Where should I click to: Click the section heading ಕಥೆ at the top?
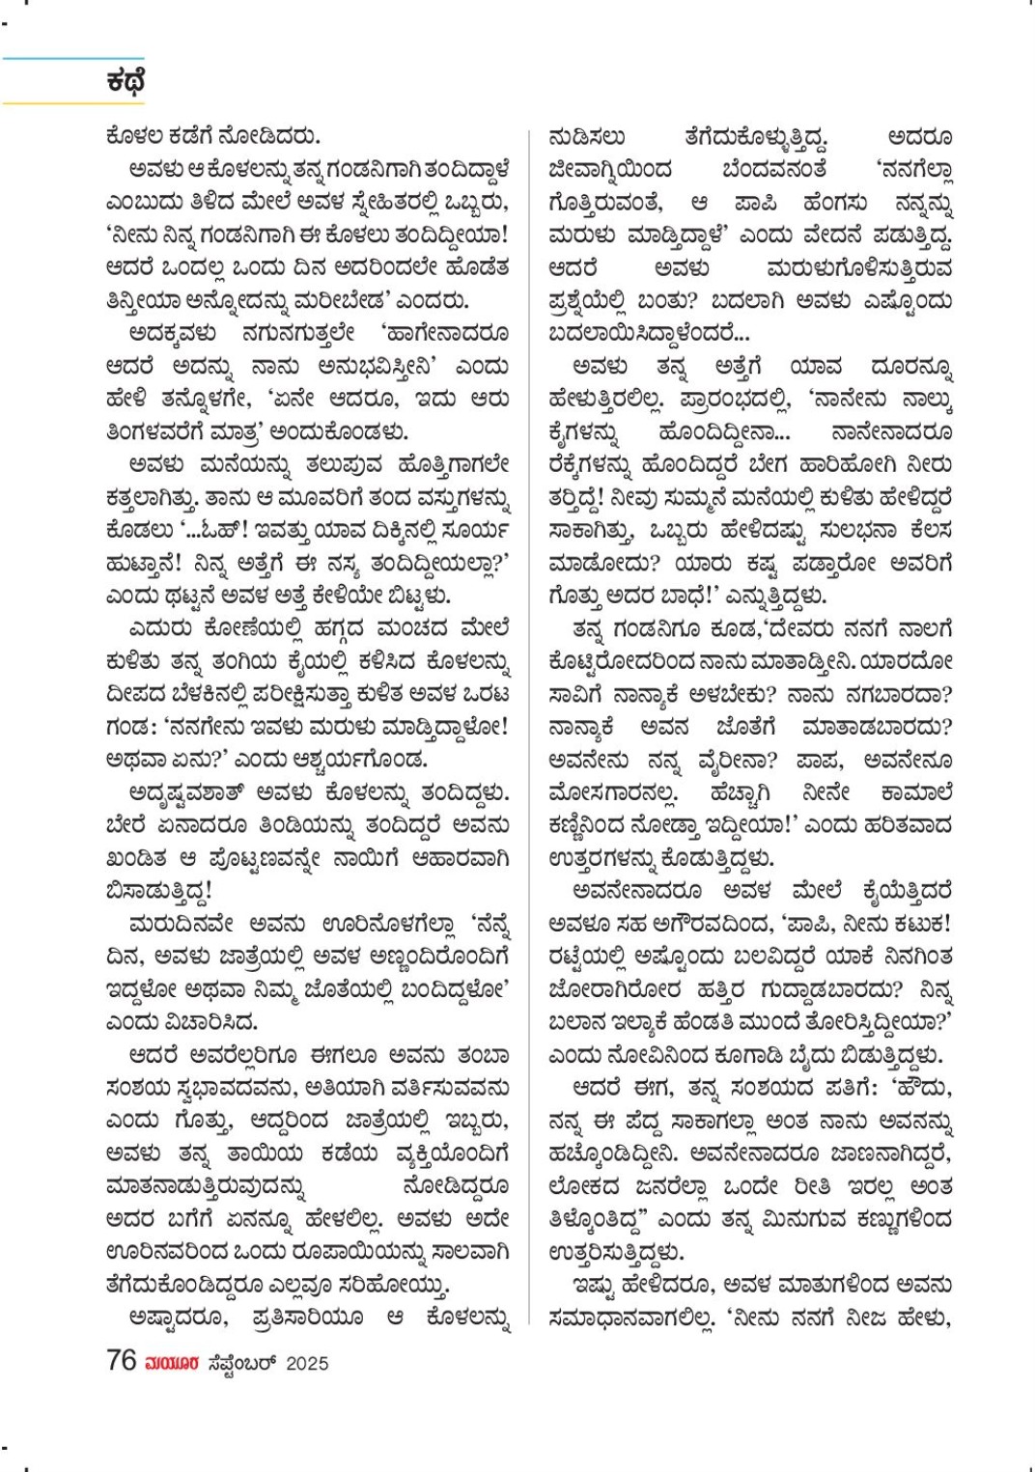coord(126,82)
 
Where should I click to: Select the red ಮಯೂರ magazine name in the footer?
coord(172,1363)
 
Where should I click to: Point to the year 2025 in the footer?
coord(307,1363)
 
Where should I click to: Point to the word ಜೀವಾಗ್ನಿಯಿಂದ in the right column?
coord(610,170)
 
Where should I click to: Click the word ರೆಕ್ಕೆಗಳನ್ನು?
coord(590,465)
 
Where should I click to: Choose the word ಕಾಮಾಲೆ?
coord(916,793)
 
